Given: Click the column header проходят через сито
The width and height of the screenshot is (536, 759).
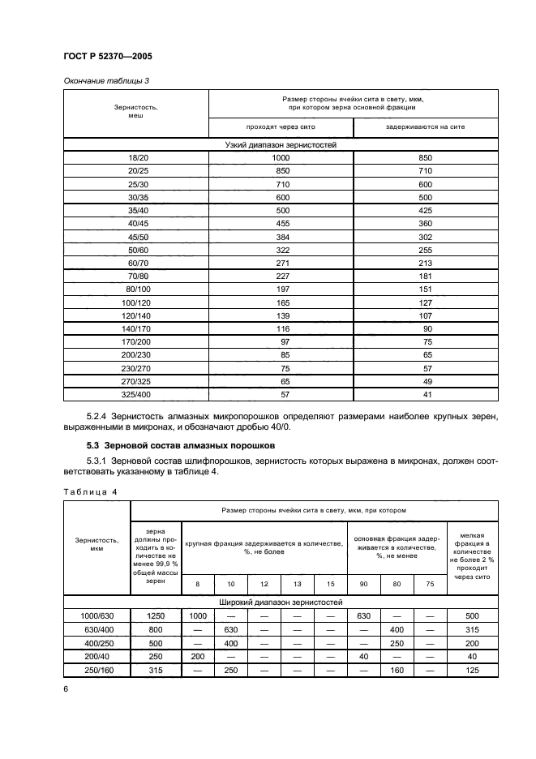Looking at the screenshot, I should [281, 127].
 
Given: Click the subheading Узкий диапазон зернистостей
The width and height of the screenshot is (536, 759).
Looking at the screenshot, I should [280, 144].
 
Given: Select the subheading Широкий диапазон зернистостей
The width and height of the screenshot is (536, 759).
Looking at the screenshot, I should [280, 602].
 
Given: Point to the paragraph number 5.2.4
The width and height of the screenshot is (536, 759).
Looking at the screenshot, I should [101, 416].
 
